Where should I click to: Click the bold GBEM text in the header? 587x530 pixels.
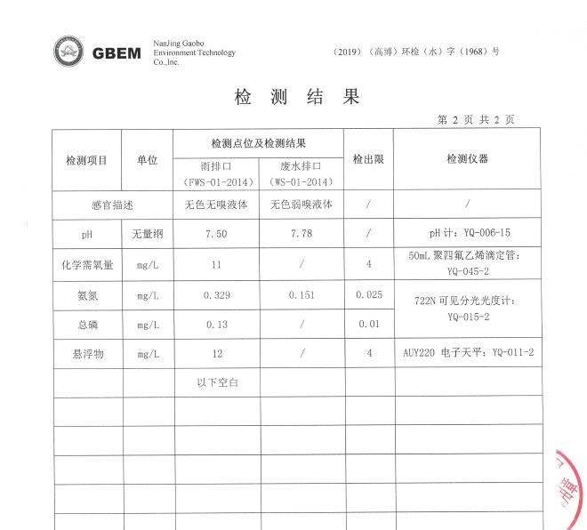click(117, 53)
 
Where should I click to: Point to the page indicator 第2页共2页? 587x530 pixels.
click(476, 120)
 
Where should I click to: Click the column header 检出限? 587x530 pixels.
click(368, 160)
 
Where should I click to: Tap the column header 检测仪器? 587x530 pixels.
click(467, 160)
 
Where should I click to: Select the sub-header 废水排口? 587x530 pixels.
click(300, 166)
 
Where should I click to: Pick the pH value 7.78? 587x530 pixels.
click(302, 234)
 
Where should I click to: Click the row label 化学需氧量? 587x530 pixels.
click(87, 264)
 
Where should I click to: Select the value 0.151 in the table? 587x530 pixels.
click(302, 294)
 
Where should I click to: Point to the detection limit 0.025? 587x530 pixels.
click(368, 294)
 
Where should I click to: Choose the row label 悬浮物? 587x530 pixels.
click(87, 354)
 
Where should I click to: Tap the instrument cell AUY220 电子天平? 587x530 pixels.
click(468, 353)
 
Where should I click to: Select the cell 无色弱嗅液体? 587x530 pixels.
click(302, 205)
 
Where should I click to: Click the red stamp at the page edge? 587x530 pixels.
click(569, 489)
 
